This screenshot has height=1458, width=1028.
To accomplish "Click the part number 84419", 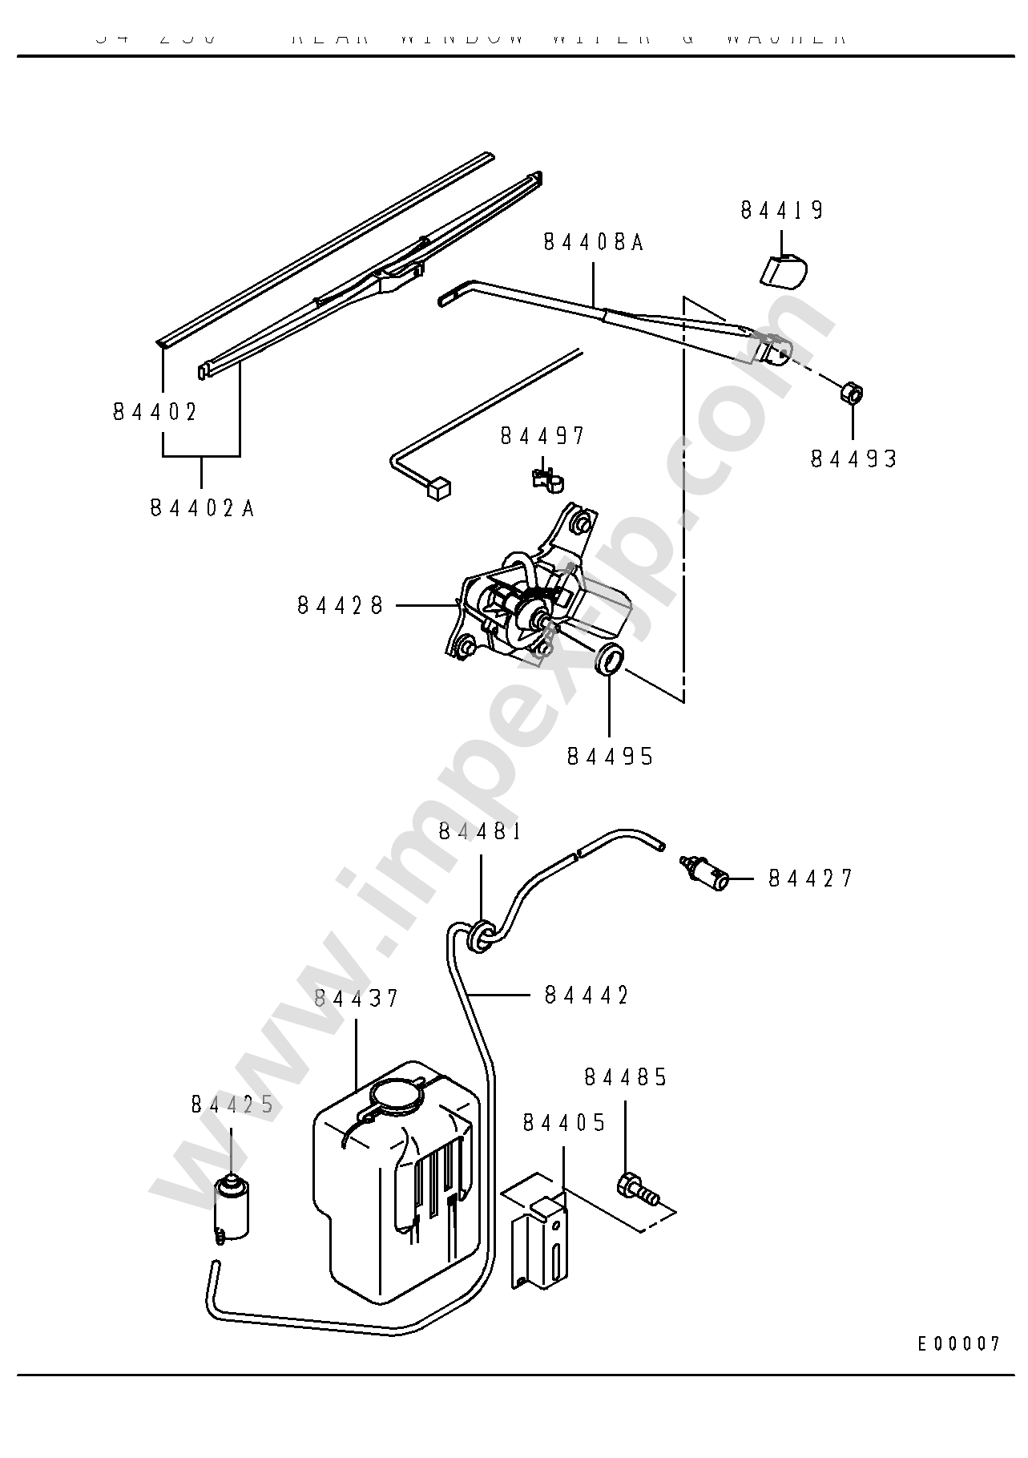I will (781, 210).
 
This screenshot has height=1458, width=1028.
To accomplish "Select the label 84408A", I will (593, 242).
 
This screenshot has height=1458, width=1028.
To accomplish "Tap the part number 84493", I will (853, 459).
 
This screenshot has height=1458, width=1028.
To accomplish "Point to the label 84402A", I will (202, 508).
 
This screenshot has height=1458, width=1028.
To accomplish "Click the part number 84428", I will (341, 604).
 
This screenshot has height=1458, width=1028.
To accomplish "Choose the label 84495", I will (610, 756).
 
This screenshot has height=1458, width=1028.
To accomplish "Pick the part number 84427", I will (810, 878).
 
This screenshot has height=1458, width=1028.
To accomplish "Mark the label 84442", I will (586, 995).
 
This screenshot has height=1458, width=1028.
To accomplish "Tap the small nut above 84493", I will (852, 394).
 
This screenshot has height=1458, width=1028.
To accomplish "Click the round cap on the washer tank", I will (397, 1095).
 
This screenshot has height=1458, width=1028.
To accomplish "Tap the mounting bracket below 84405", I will (540, 1238).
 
